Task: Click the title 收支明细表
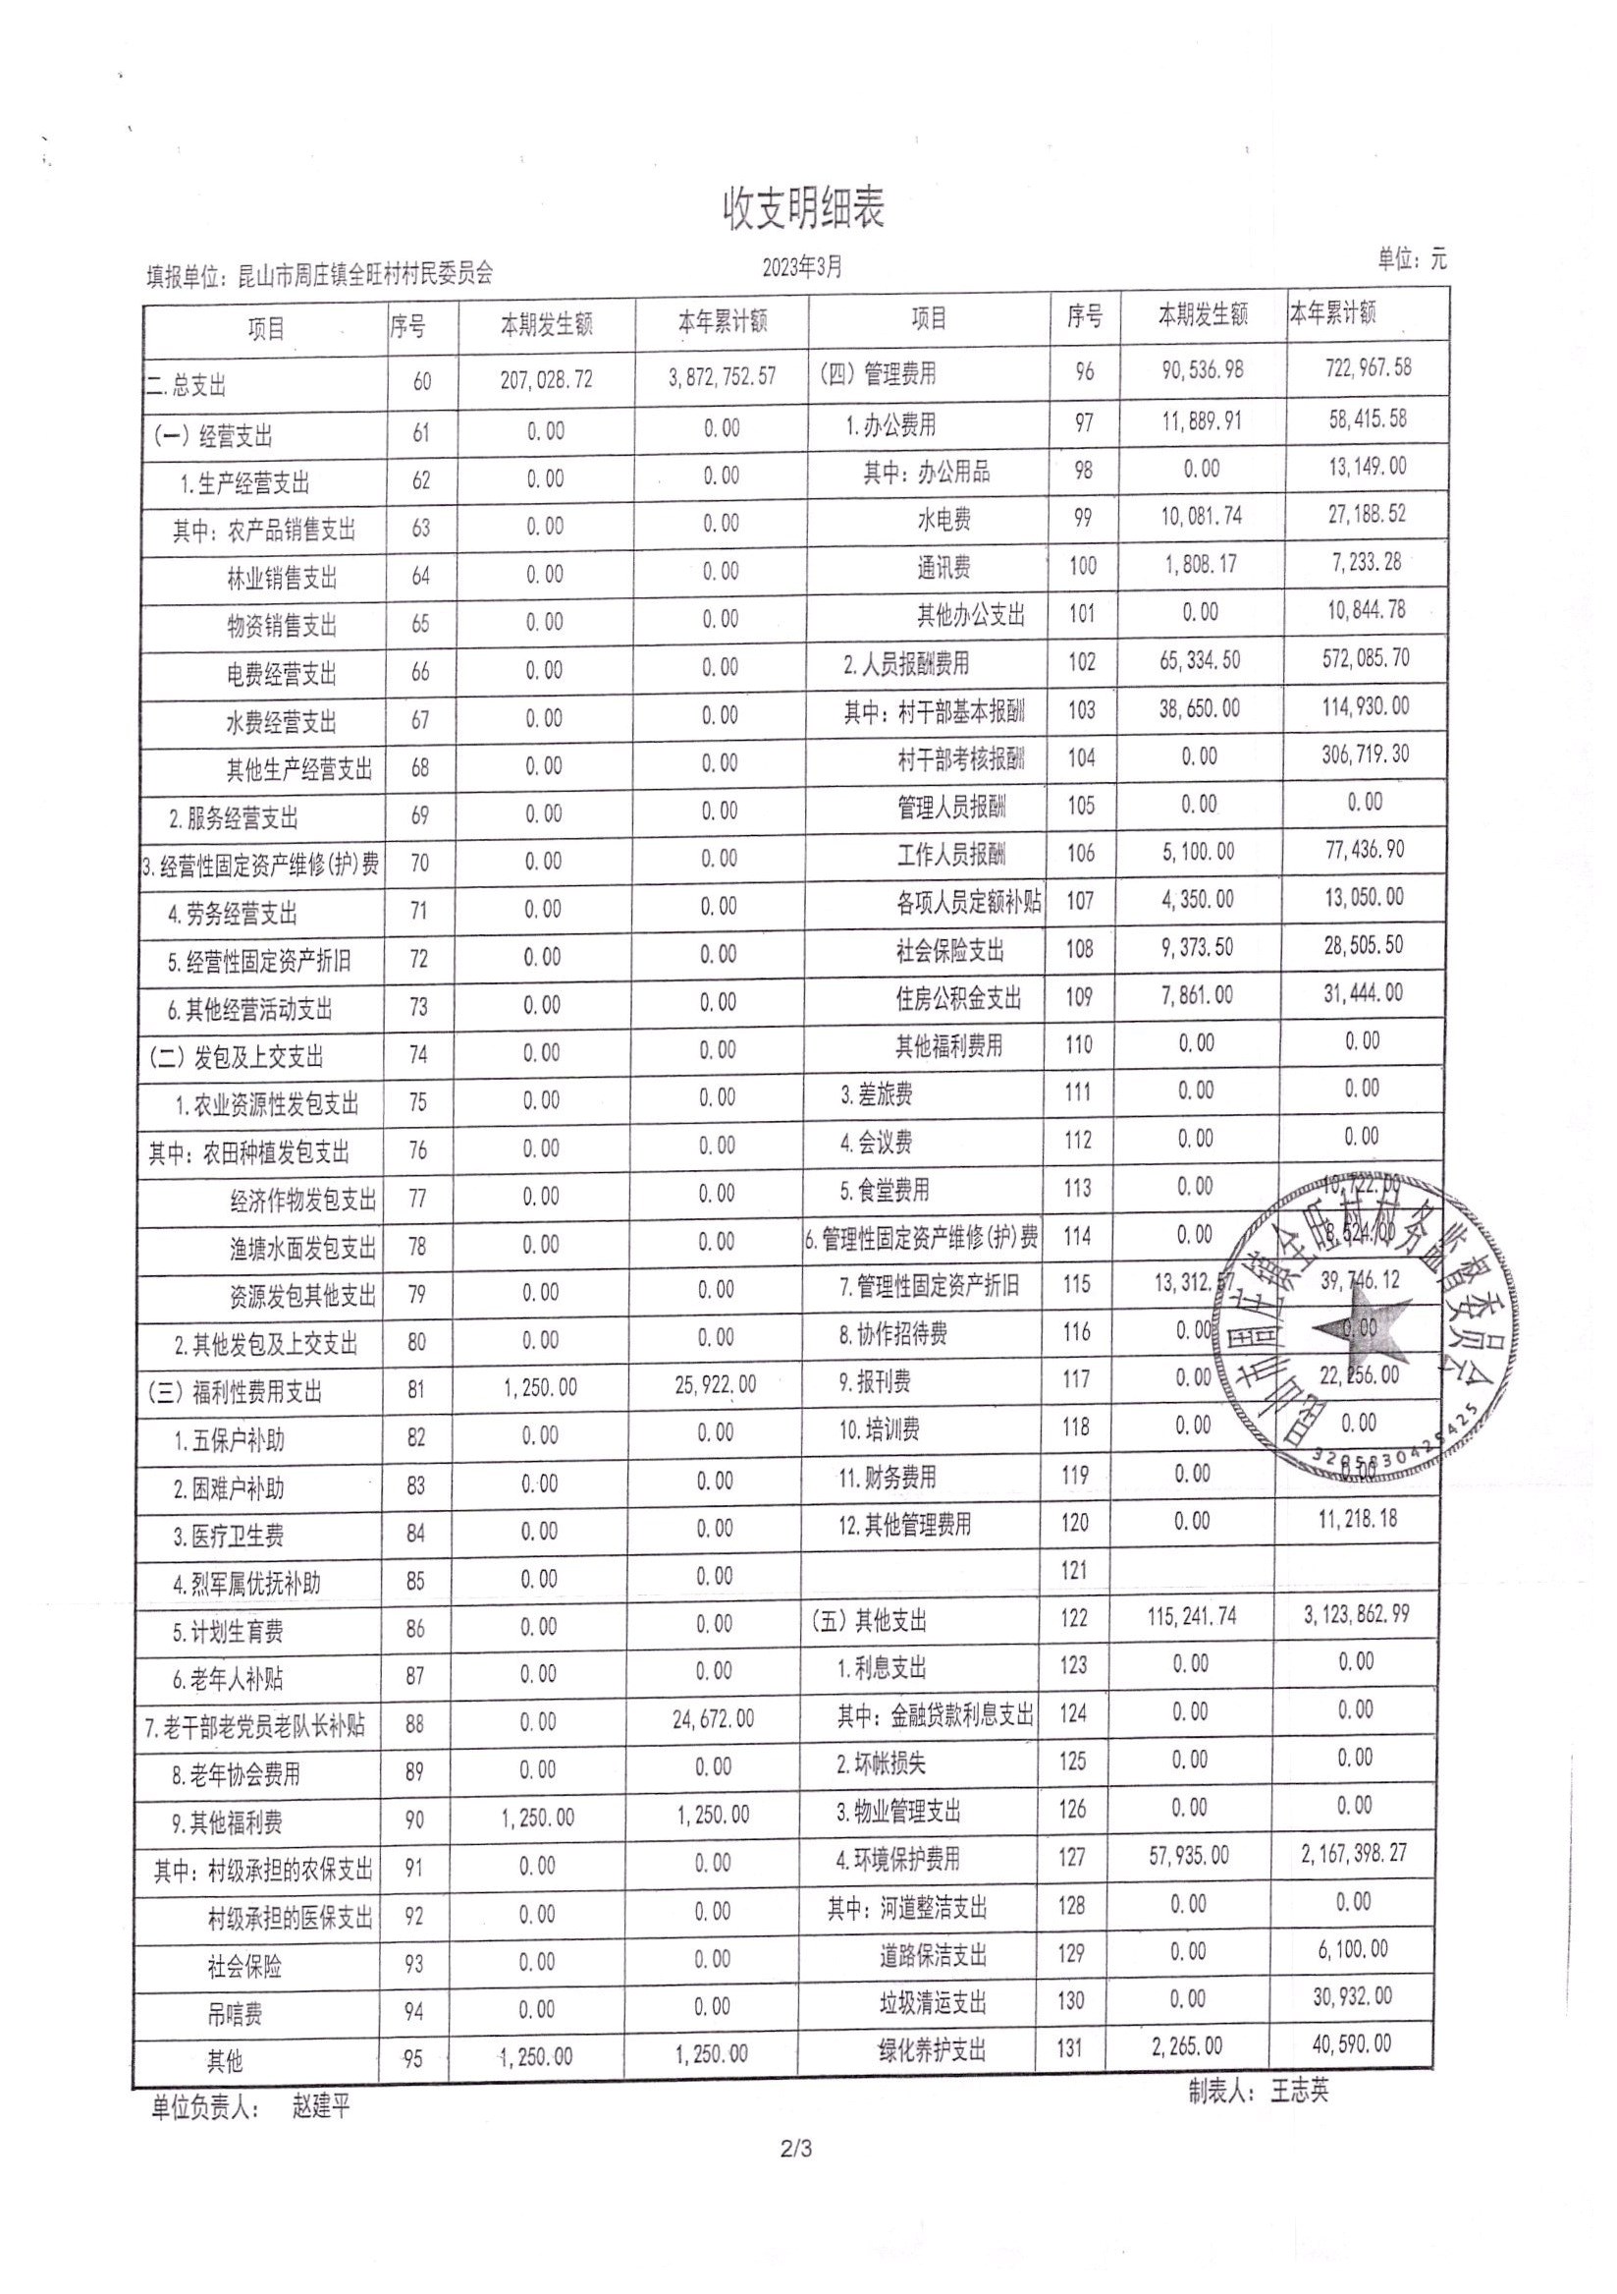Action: coord(803,209)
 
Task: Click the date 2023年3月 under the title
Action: coord(802,267)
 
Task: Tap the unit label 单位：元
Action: coord(1411,259)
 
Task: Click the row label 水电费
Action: coord(943,520)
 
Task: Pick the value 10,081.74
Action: coord(1202,517)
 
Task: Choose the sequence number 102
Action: coord(1082,661)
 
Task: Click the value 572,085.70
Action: coord(1364,658)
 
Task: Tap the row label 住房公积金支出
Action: coord(958,997)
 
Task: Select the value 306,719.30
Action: coord(1365,755)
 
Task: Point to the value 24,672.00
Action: coord(712,1718)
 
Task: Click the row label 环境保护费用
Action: coord(898,1860)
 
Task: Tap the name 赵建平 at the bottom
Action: coord(321,2108)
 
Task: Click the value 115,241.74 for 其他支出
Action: coord(1192,1616)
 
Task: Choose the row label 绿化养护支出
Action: coord(932,2051)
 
